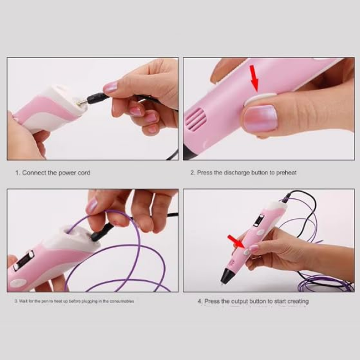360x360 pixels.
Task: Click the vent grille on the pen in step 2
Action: point(196,119)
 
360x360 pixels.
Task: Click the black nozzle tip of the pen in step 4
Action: point(226,277)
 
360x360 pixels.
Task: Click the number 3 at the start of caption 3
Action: point(15,301)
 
